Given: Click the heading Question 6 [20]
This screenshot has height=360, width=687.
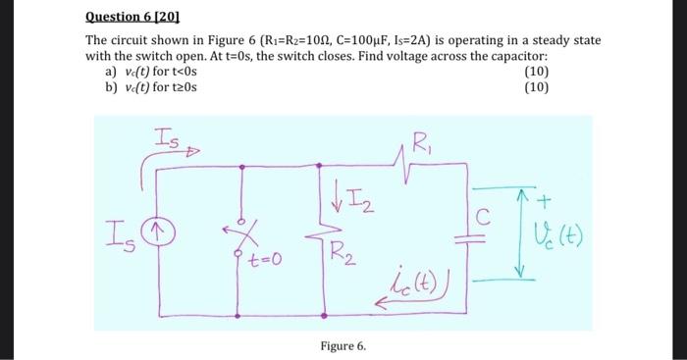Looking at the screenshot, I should pos(127,16).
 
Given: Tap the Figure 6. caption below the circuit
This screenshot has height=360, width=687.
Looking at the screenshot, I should pos(343,346).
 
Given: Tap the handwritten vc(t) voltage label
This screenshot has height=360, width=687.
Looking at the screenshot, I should pos(561,236).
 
